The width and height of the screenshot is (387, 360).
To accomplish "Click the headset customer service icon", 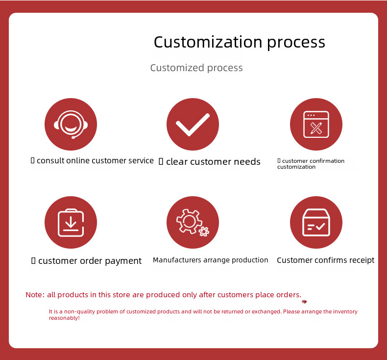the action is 71,124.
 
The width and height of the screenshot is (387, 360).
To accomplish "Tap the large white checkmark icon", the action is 193,125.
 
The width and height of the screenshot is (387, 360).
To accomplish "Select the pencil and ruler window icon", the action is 316,124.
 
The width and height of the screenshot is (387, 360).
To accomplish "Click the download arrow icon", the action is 71,223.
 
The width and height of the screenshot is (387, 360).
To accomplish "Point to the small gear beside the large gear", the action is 204,231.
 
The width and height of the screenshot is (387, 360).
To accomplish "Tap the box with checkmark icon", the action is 316,222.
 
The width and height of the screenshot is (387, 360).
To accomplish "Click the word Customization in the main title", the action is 208,42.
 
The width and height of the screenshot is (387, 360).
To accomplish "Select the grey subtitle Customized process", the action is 196,68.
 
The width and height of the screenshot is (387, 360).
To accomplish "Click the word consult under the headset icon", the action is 50,160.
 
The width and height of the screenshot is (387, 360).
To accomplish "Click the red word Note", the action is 35,295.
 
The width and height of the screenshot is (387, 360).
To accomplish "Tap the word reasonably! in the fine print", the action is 64,318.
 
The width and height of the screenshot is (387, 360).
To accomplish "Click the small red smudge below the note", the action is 304,302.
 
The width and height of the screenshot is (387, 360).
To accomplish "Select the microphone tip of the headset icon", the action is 73,138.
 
